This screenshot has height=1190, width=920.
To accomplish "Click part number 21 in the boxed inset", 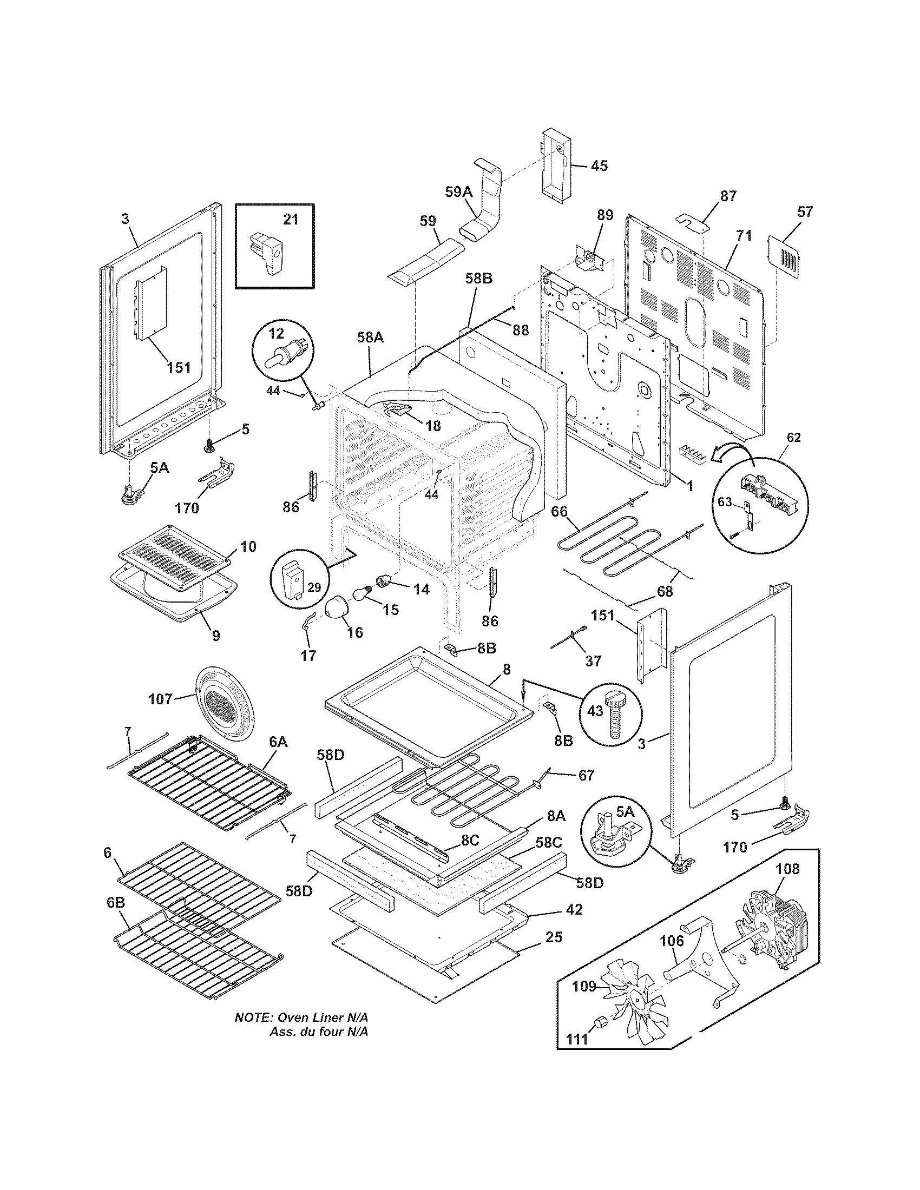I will click(x=291, y=219).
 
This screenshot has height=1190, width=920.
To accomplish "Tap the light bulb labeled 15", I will click(x=362, y=593).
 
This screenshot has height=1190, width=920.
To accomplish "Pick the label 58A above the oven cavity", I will click(x=371, y=338).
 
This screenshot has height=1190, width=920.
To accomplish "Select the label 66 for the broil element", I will click(x=560, y=511).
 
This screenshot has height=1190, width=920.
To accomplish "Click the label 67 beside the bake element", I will click(x=586, y=775).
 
